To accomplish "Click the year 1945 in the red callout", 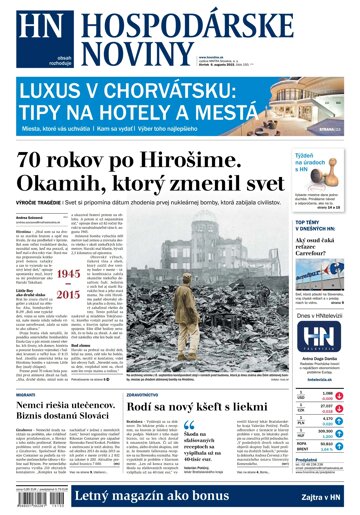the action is pos(70,273).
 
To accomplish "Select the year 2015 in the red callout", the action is pos(70,296).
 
